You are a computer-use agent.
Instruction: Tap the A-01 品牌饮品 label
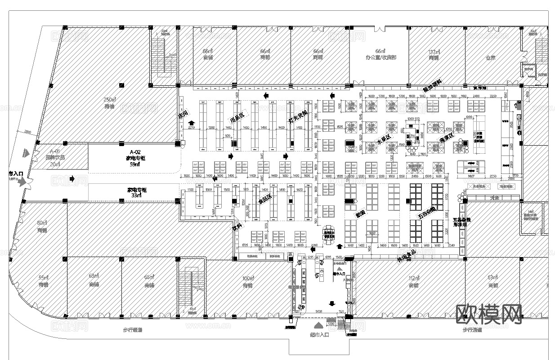[55, 158]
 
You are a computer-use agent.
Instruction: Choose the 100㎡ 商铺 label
[247, 281]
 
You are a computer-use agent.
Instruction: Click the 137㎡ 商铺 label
[434, 54]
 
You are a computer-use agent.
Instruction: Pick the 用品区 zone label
[237, 118]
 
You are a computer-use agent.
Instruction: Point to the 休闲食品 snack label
[407, 256]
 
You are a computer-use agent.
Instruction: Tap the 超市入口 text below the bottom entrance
[319, 334]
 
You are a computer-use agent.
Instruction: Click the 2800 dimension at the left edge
[28, 132]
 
